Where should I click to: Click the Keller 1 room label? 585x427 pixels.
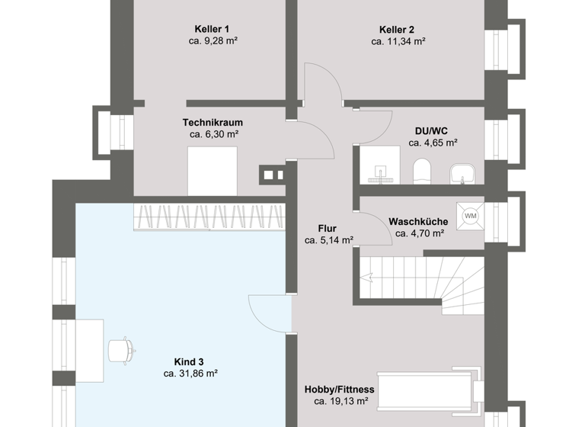213,29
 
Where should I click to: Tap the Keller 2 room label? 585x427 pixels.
398,29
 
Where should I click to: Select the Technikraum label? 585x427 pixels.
213,122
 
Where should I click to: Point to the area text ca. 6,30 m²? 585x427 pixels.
214,134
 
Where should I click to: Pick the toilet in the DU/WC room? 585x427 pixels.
421,172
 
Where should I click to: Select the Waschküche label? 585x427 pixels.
418,221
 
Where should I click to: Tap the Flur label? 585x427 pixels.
328,228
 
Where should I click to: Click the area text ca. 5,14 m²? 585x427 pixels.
328,240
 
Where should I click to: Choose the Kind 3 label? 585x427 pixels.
190,361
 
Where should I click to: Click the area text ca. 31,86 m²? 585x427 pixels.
190,374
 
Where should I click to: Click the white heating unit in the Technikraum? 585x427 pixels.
213,172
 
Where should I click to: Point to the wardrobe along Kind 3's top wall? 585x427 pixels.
209,216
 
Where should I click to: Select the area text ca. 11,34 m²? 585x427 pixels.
398,41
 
